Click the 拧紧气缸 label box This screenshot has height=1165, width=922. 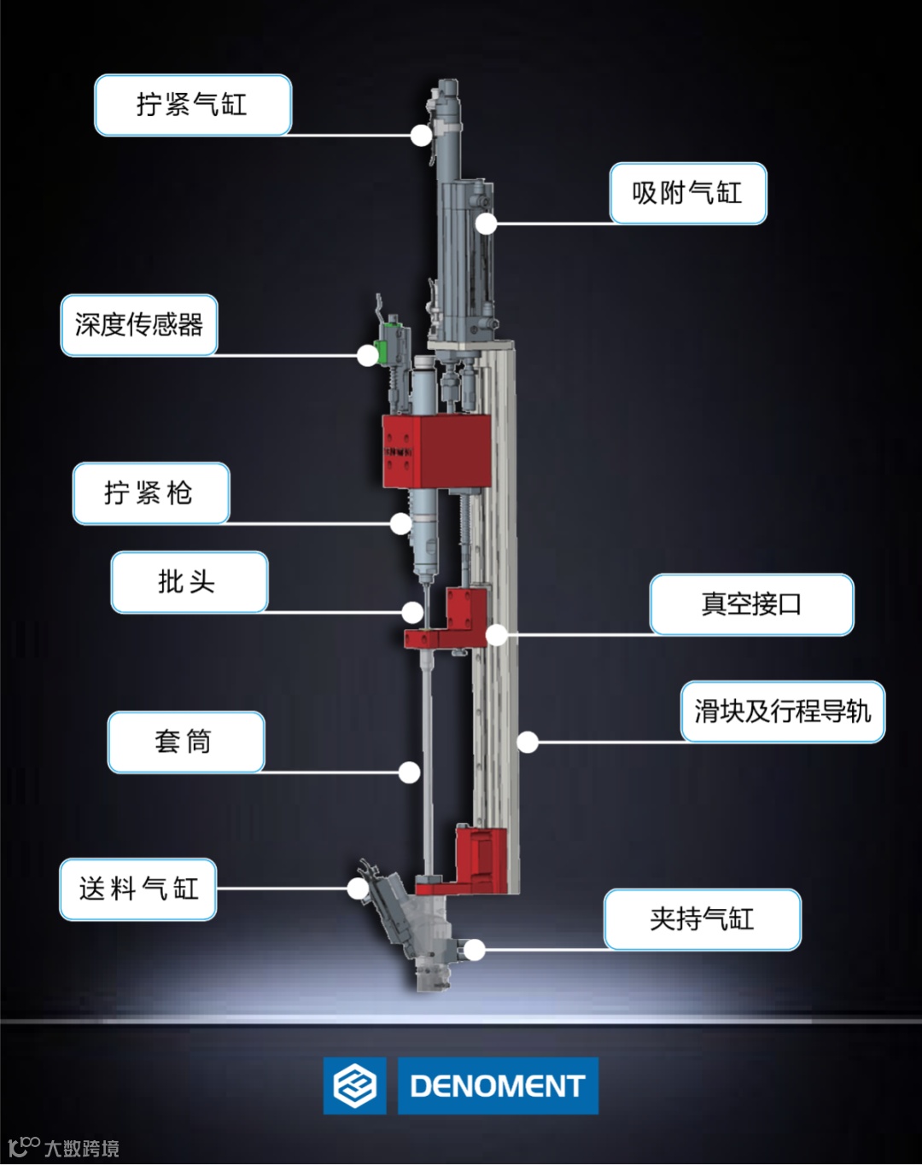[192, 105]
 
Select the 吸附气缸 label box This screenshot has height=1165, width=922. [687, 194]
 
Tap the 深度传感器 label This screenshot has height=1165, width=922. [139, 325]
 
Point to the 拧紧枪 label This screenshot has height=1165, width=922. [151, 493]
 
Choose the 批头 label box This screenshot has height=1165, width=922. [189, 582]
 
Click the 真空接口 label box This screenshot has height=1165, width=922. [751, 604]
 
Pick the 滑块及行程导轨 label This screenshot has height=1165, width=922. [782, 712]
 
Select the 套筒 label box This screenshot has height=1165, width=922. [185, 742]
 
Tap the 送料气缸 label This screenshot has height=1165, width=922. [137, 889]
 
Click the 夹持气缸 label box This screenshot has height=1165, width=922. [702, 919]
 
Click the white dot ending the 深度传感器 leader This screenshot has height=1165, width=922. [367, 356]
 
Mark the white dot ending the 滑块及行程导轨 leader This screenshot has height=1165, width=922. [528, 743]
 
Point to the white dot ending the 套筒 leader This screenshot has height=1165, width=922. [410, 772]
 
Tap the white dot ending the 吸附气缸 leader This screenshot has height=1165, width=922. [486, 224]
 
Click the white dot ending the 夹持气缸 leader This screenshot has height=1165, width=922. [476, 950]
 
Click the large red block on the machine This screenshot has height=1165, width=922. [436, 451]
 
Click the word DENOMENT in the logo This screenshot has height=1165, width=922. [498, 1086]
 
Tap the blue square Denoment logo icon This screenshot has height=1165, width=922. [354, 1086]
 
